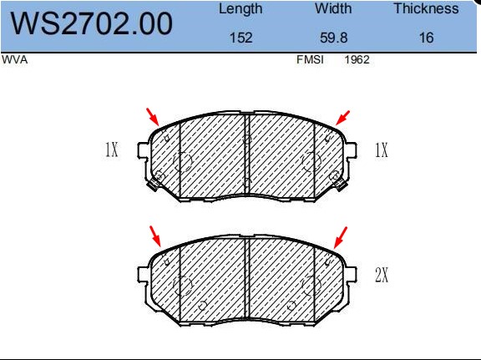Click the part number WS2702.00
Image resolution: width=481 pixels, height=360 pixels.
[91, 23]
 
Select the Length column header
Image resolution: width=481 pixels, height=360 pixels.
[240, 9]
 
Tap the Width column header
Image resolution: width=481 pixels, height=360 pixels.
[333, 8]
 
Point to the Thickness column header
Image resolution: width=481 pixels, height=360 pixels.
[426, 8]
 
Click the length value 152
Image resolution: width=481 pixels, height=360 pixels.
[241, 38]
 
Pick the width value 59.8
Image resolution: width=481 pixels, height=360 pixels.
[334, 38]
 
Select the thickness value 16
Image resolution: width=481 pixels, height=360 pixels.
[427, 38]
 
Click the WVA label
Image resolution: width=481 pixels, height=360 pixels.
[15, 60]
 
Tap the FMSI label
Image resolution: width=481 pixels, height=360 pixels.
[310, 59]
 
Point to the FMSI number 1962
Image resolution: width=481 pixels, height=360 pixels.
[357, 59]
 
